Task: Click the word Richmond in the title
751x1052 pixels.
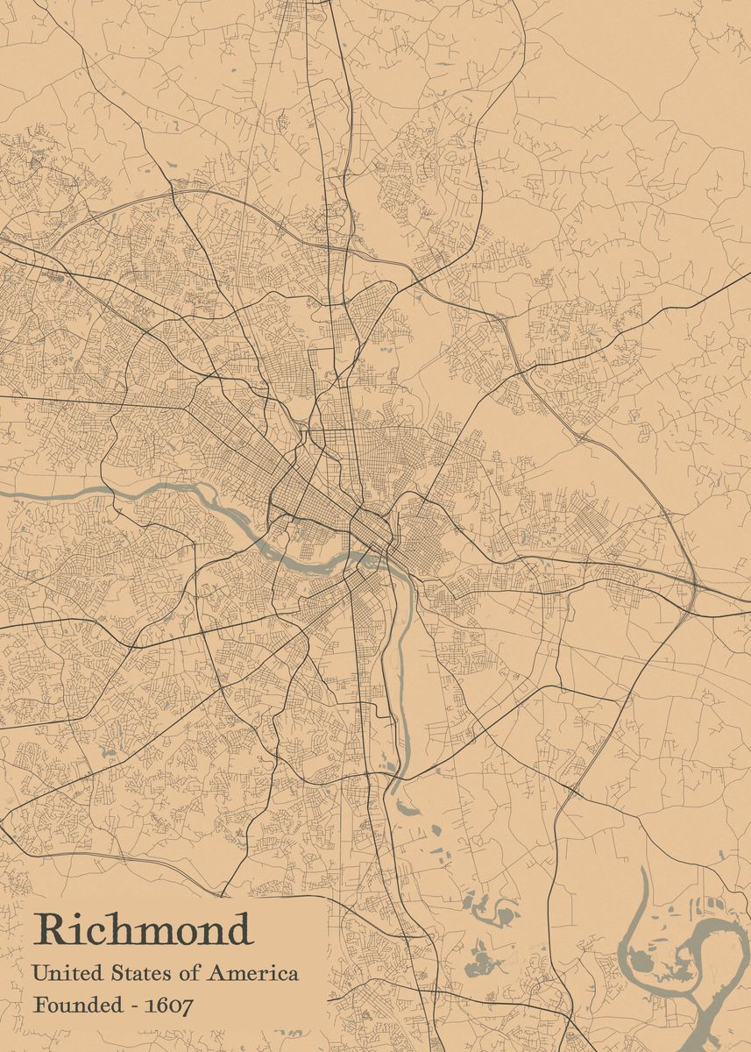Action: (143, 930)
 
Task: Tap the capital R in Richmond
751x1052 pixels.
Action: (51, 930)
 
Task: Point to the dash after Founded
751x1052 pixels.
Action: (134, 1006)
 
